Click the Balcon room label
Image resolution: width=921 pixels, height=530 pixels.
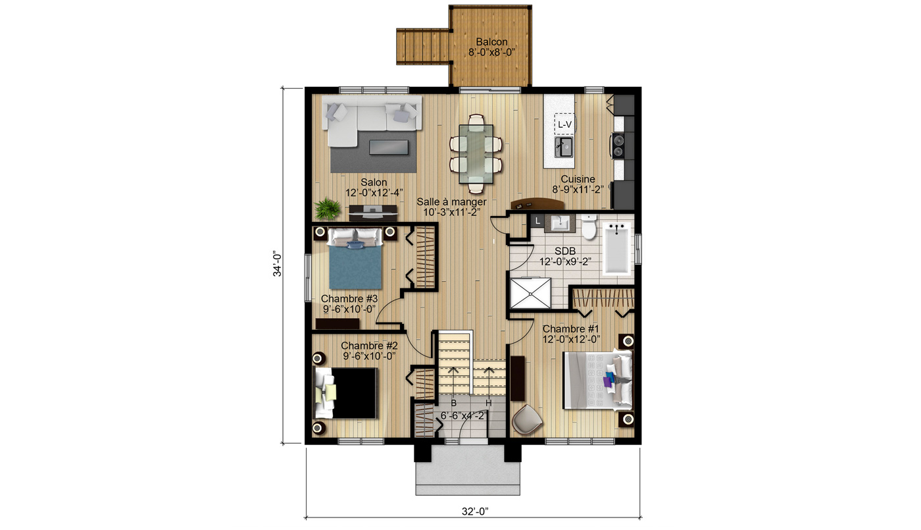point(492,42)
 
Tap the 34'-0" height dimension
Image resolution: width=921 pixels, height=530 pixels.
point(278,264)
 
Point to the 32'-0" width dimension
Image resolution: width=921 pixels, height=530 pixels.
point(475,512)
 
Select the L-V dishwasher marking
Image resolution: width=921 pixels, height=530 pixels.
point(564,124)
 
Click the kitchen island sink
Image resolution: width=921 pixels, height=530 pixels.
point(563,147)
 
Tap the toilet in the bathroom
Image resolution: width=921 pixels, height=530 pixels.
point(589,226)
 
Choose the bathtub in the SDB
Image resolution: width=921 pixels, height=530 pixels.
point(616,248)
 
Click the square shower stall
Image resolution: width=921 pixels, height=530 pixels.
point(530,293)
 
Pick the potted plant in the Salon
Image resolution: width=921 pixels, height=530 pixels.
point(328,209)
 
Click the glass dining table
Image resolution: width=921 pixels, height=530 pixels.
point(476,153)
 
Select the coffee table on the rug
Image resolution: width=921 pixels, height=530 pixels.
point(389,147)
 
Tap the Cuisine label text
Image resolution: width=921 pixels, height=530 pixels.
point(578,179)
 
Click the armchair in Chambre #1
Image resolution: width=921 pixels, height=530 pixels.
point(527,419)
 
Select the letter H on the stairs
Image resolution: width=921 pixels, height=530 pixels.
point(489,403)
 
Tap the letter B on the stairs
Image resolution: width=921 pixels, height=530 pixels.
point(454,403)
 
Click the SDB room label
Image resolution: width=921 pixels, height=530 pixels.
point(565,251)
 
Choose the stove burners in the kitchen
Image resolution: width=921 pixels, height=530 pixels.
point(618,146)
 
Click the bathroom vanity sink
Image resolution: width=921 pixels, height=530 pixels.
point(560,224)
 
